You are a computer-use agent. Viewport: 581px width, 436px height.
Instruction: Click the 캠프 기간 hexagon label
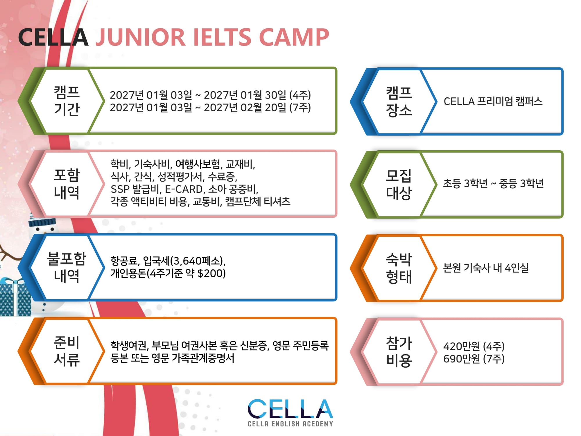click(x=67, y=101)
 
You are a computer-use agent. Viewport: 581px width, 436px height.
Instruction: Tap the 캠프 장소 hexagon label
click(x=399, y=101)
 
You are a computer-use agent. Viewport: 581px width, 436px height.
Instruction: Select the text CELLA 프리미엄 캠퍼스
click(x=493, y=101)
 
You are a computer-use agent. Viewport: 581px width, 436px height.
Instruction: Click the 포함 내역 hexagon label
click(x=67, y=184)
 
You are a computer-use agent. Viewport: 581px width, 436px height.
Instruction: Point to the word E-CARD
click(x=184, y=189)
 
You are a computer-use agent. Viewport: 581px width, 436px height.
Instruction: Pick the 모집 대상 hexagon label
click(x=399, y=184)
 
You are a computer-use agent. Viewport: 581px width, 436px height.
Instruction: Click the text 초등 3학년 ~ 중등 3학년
click(x=493, y=183)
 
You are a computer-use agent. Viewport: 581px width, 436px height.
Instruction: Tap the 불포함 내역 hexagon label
click(x=67, y=267)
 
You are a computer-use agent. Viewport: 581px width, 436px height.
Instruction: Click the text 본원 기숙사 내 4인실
click(x=486, y=268)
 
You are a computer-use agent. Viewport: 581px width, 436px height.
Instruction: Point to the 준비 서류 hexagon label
click(x=67, y=351)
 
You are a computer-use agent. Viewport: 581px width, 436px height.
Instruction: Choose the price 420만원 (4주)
click(x=474, y=346)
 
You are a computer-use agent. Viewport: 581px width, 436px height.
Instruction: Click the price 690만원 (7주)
click(x=474, y=359)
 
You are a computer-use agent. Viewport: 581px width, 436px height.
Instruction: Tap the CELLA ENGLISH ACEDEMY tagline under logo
click(x=290, y=424)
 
